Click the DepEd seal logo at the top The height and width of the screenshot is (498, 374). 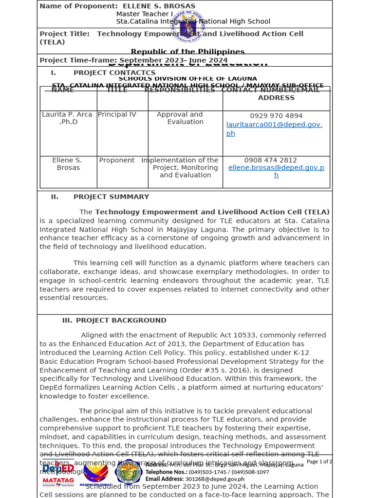coord(191,27)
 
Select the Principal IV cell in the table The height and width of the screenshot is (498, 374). coord(117,115)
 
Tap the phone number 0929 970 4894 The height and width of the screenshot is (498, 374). coord(276,116)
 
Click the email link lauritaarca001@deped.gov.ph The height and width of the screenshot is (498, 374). coord(274,129)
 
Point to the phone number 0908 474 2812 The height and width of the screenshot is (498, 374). coord(270,160)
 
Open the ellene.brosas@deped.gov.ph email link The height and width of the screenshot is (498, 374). coord(276,171)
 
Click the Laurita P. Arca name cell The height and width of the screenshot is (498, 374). coord(67,118)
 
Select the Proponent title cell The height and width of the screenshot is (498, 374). coord(117,160)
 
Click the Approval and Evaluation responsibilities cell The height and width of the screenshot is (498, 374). coord(179,118)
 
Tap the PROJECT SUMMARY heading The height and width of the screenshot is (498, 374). coord(111,197)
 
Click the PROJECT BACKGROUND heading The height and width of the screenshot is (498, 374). coord(121,320)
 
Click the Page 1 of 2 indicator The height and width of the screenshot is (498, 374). coord(319,462)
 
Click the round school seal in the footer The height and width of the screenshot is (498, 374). coord(129,472)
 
